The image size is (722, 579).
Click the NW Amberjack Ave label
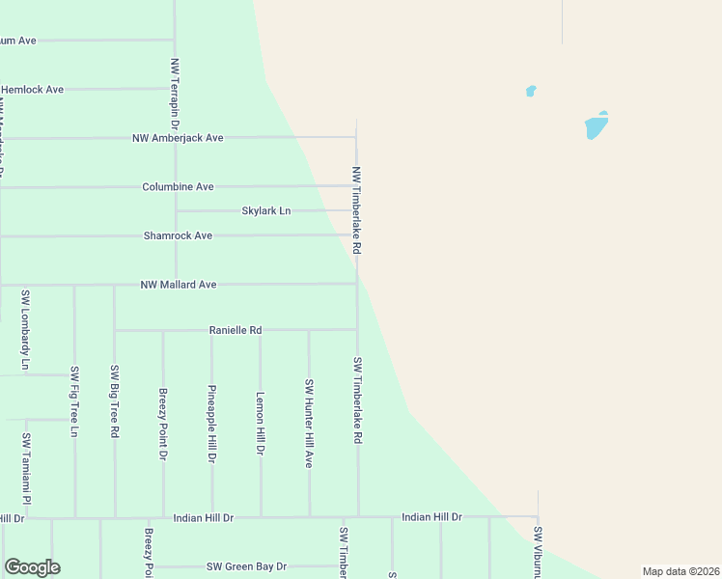point(178,138)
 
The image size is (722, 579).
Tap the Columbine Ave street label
point(178,186)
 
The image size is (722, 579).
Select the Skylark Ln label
point(265,210)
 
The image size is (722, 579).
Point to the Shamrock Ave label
point(178,235)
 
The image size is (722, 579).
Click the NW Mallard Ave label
point(178,285)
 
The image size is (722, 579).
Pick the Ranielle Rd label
point(236,330)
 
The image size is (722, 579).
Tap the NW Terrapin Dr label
point(175,95)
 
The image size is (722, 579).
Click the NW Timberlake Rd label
point(356,210)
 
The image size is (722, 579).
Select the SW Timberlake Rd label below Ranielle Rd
point(357,400)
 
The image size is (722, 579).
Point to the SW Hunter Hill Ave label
point(309,423)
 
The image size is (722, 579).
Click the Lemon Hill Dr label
point(260,423)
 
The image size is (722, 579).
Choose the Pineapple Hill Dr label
point(211,423)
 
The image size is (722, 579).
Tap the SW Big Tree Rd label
point(114,401)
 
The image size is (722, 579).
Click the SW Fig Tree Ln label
point(74,401)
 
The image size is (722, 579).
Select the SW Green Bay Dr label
point(246,566)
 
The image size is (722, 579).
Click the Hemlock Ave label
point(32,90)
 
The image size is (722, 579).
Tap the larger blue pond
point(597,125)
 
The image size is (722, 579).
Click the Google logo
point(32,567)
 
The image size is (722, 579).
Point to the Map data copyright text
point(680,571)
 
